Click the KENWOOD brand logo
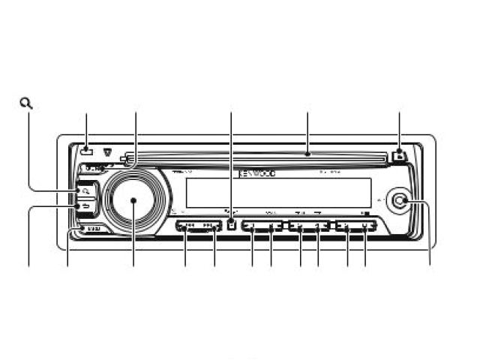point(257,173)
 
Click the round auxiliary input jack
point(402,201)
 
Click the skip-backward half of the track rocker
point(187,225)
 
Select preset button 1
point(253,225)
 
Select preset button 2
point(273,225)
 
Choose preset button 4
point(320,225)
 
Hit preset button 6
point(366,225)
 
